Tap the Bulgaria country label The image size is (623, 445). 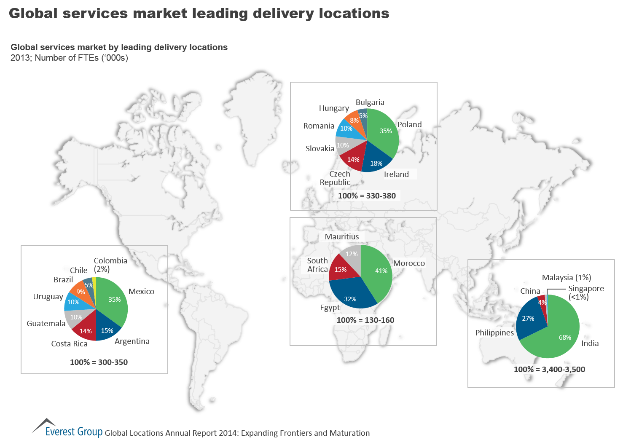coord(370,102)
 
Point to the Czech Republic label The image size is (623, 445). coord(336,178)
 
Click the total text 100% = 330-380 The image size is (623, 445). coord(367,196)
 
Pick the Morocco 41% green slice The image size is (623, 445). coord(378,272)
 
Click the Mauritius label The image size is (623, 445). coord(342,237)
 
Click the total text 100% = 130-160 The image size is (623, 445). coord(365,320)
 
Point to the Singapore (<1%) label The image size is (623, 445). coord(586,292)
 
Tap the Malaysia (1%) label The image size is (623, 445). coord(567,278)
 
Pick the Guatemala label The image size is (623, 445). coord(46,324)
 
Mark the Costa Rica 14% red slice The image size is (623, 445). coord(86,330)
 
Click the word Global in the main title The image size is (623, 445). coord(33,13)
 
